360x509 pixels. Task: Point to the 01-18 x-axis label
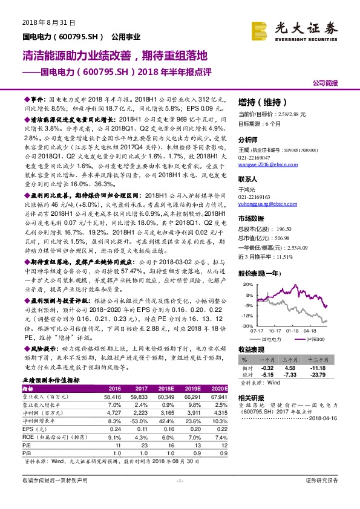tap(293, 331)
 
